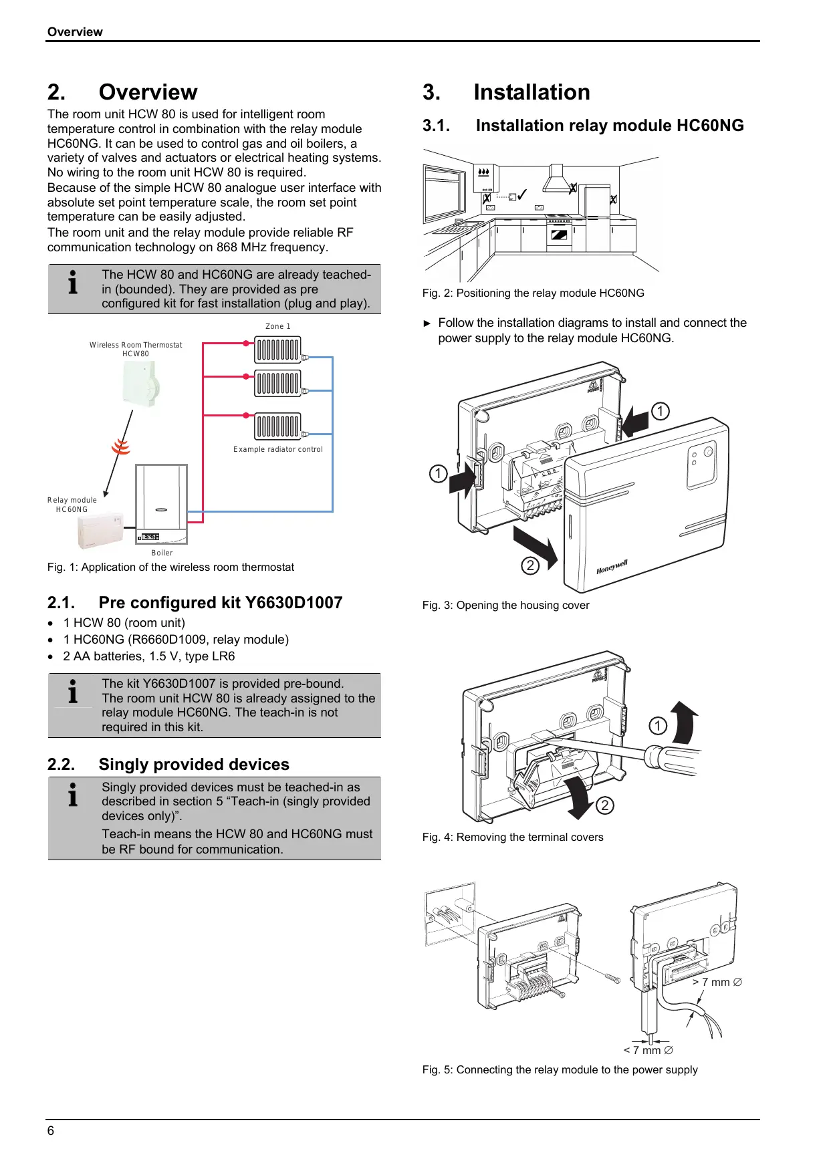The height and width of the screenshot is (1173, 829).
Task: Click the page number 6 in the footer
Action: click(51, 1130)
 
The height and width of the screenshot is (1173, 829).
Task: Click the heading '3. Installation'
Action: click(506, 92)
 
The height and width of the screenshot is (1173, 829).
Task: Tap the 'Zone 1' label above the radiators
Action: click(278, 326)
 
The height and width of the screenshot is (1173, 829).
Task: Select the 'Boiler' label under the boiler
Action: click(162, 553)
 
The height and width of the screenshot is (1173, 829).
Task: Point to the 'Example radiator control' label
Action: click(278, 449)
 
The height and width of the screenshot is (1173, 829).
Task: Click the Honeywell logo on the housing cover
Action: click(612, 567)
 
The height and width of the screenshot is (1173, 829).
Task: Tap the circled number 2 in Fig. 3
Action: click(530, 565)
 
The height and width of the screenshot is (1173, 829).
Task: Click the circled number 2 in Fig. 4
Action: click(604, 805)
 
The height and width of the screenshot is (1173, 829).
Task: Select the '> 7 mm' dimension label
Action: click(717, 982)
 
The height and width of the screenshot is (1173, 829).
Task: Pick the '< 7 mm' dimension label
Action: click(648, 1050)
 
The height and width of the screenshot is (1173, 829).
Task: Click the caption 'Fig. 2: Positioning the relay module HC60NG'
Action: click(533, 293)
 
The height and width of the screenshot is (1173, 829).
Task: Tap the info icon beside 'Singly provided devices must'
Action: click(73, 795)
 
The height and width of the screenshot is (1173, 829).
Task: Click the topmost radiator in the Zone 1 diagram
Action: click(277, 350)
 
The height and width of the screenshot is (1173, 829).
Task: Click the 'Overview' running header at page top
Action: click(75, 32)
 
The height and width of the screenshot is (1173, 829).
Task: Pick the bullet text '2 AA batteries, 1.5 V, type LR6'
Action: click(149, 656)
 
